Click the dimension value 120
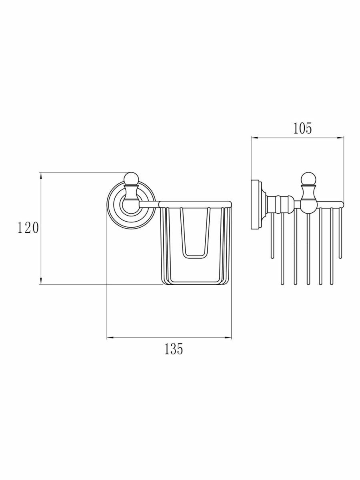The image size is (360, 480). tap(28, 228)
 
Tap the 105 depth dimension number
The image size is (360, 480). tap(302, 128)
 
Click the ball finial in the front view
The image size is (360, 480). tap(131, 179)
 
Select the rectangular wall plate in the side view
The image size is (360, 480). tap(255, 205)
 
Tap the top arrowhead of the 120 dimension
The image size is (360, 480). tap(41, 175)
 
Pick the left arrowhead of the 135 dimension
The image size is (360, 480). tap(110, 338)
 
